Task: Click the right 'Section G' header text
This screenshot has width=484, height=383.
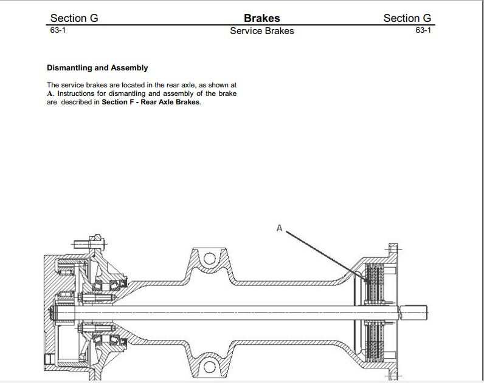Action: click(407, 18)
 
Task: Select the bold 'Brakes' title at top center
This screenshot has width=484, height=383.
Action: click(261, 18)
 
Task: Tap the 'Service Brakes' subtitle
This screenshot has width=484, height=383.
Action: click(261, 31)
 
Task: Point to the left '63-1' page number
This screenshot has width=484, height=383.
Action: click(58, 30)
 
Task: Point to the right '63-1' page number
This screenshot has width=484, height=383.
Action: click(423, 30)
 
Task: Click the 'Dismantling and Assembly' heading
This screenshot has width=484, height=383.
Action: click(97, 68)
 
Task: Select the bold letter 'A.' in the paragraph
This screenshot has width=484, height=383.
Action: click(50, 94)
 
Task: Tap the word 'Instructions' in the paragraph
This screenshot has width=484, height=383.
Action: click(75, 94)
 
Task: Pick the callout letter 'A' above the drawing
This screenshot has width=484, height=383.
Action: click(280, 228)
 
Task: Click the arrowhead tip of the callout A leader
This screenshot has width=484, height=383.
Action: click(369, 283)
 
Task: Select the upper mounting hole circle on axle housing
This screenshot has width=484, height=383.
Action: click(210, 259)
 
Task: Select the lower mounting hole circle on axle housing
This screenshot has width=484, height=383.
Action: click(210, 367)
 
